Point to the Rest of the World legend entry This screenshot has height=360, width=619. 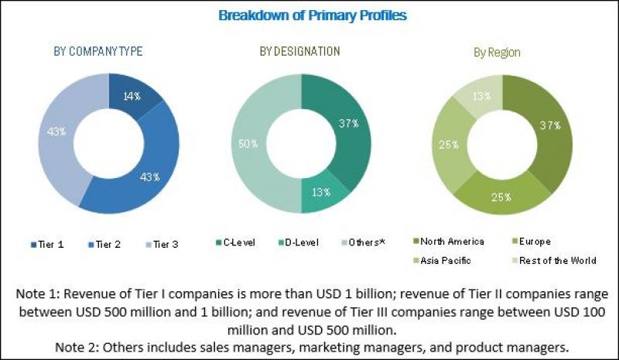click(559, 260)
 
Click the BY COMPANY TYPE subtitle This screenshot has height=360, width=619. click(97, 52)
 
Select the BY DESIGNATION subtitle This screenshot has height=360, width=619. click(299, 52)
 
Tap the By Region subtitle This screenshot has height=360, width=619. click(497, 53)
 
